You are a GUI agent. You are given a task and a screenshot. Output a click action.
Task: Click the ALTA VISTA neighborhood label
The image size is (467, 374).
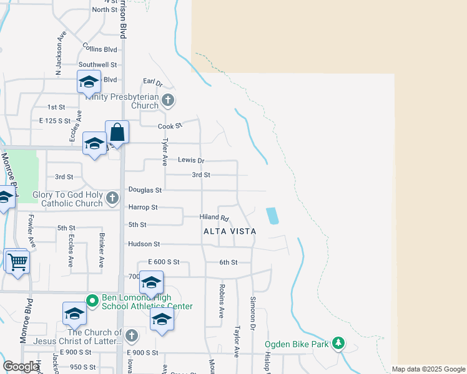(x=230, y=231)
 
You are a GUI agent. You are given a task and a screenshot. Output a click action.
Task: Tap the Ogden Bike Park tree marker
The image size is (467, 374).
(x=338, y=343)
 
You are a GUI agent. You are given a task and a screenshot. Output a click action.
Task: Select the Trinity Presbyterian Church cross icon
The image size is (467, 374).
(x=167, y=100)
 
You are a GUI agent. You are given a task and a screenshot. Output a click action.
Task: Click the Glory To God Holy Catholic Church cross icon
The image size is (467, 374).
(x=112, y=199)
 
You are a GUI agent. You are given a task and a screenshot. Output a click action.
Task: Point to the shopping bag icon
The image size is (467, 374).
(x=117, y=133)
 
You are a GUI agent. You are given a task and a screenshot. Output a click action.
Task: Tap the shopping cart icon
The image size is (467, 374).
(x=17, y=262)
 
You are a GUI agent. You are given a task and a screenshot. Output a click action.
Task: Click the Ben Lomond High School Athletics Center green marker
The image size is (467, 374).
(x=92, y=301)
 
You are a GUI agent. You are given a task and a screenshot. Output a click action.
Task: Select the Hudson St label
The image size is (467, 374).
(x=144, y=244)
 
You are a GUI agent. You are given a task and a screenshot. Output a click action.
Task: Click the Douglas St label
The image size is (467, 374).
(x=145, y=189)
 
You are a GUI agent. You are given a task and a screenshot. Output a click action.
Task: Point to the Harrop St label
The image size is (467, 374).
(x=143, y=207)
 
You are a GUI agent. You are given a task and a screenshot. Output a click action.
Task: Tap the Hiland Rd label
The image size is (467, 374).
(x=214, y=218)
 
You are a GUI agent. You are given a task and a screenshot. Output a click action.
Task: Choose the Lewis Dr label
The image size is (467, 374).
(x=191, y=160)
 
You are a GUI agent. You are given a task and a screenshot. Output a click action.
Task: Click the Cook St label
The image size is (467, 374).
(x=170, y=126)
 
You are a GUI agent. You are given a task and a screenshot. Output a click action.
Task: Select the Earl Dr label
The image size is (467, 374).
(x=152, y=82)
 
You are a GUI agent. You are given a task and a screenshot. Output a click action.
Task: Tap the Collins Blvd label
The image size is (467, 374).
(x=100, y=49)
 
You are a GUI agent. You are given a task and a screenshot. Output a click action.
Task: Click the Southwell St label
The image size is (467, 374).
(x=97, y=64)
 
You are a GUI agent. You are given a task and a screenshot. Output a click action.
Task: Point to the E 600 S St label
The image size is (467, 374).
(x=164, y=262)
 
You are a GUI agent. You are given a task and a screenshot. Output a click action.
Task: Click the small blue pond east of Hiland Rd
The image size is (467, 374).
(x=272, y=216)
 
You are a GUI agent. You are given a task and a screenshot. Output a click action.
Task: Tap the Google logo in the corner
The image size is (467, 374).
(x=21, y=367)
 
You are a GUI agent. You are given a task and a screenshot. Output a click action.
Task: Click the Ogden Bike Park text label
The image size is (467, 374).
(x=297, y=344)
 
